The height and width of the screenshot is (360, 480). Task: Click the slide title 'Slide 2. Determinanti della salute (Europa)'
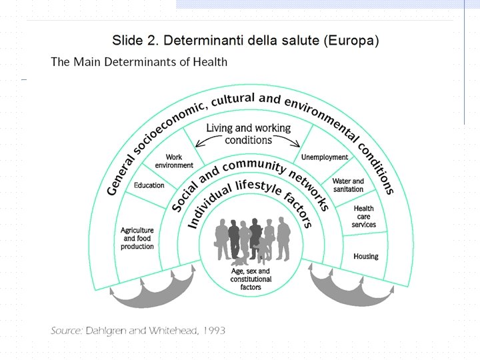[x=245, y=40]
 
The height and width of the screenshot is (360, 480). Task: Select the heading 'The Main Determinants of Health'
[x=139, y=62]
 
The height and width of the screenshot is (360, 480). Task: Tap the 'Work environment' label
[x=174, y=161]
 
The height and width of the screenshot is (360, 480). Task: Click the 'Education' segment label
[x=149, y=185]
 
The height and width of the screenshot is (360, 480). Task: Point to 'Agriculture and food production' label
[x=137, y=239]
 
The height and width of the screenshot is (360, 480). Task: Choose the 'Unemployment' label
[x=325, y=157]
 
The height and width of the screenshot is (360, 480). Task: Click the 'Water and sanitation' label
[x=348, y=185]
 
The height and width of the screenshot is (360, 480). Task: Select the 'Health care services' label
[x=364, y=217]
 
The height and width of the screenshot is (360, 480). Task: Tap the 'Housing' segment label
[x=365, y=256]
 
